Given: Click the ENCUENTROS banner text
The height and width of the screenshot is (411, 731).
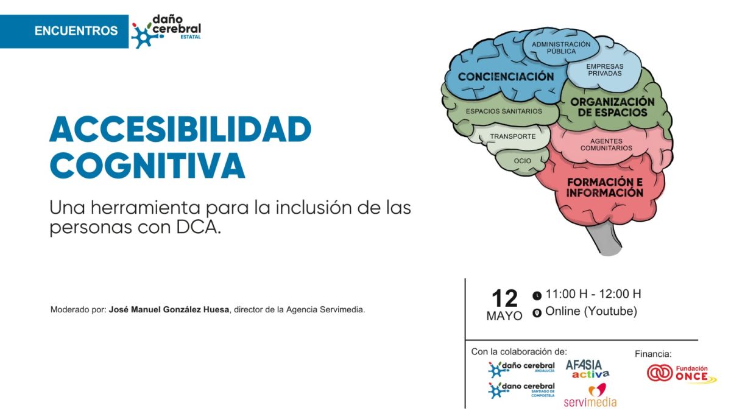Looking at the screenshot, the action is click(76, 31).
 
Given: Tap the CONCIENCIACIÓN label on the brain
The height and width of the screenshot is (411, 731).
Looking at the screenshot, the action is click(506, 77).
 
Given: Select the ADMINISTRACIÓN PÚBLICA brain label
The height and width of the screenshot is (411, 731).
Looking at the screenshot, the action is click(561, 47).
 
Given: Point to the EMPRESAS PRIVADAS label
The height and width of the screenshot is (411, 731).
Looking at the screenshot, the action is click(605, 70).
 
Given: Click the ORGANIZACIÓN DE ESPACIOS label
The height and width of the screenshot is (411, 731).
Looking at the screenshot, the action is click(612, 107).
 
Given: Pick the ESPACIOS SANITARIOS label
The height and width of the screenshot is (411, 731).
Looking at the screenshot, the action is click(504, 111).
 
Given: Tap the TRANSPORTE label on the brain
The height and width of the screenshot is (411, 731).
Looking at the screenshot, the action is click(513, 136).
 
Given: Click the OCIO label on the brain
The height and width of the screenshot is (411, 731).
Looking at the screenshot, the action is click(523, 161).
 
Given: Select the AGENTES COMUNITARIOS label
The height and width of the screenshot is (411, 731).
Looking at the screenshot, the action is click(606, 144).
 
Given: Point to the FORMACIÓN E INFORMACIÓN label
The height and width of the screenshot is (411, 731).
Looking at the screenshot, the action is click(605, 188).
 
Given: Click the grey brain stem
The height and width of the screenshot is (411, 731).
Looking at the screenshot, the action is click(604, 239).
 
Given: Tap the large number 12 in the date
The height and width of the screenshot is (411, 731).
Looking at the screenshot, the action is click(504, 298).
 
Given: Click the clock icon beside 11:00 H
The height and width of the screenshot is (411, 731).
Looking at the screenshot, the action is click(537, 295).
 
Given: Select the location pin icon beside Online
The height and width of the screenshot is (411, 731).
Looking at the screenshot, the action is click(537, 313).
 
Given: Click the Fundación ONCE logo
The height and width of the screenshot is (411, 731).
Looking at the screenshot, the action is click(682, 373).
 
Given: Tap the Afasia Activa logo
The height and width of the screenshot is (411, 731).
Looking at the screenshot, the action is click(587, 369).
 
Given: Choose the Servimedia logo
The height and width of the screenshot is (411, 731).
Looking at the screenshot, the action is click(590, 396).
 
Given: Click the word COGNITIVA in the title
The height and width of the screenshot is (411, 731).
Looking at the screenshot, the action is click(147, 166).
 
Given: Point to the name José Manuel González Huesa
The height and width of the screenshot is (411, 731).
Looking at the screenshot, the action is click(169, 309).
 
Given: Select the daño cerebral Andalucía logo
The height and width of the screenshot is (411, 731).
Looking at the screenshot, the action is click(521, 368).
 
